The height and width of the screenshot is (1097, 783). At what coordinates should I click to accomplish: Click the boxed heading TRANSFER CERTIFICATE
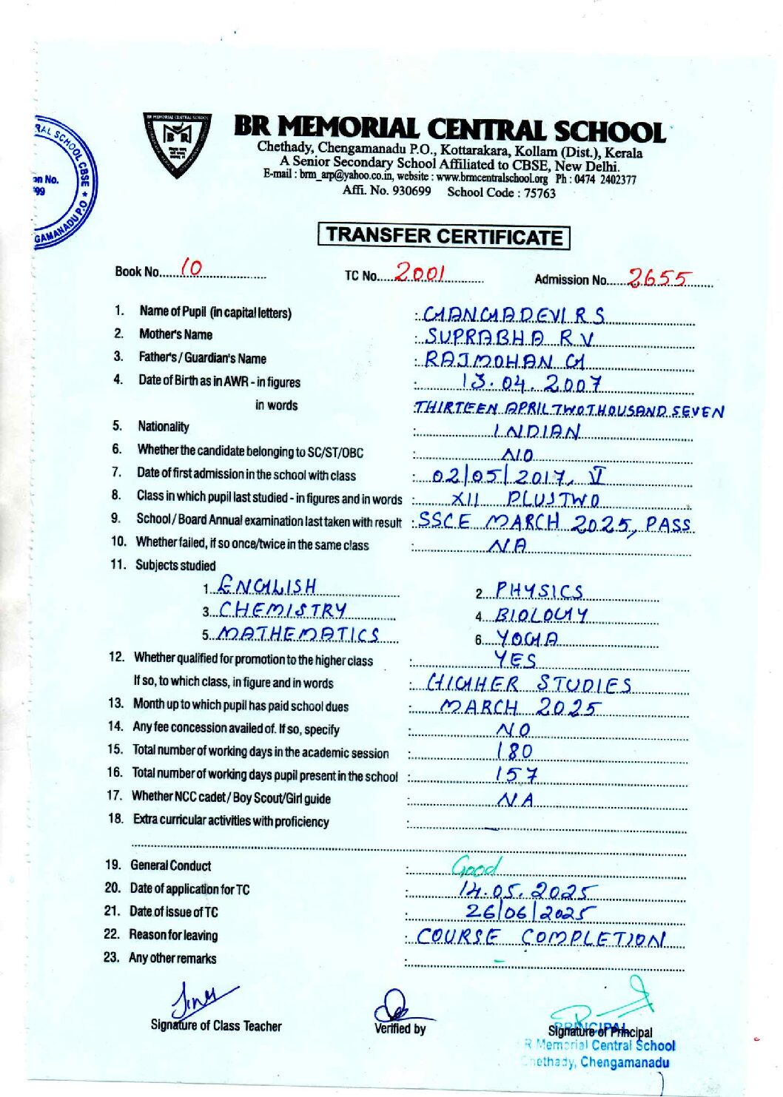point(443,237)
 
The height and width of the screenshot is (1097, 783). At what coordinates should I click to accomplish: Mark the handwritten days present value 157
point(516,775)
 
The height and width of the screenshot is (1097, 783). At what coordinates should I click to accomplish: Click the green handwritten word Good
point(477,865)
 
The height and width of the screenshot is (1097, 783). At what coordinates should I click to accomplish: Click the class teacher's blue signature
point(199,1001)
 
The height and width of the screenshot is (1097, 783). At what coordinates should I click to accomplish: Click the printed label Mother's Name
point(175,334)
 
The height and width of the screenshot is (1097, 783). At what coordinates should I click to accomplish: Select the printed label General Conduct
point(170,865)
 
